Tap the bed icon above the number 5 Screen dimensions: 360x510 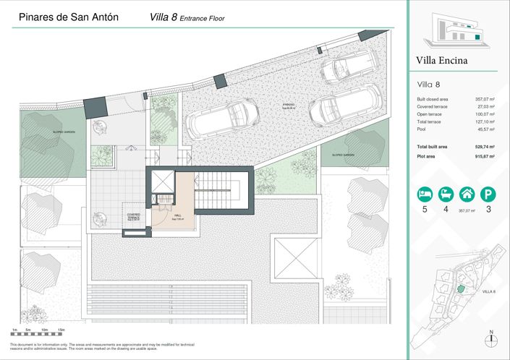point(423,194)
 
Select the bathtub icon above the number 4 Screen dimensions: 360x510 point(446,194)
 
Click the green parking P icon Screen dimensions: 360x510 point(490,194)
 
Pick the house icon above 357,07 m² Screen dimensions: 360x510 point(468,194)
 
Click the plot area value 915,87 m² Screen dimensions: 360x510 point(482,156)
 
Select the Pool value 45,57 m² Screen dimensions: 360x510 point(484,129)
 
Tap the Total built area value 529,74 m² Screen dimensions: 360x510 point(482,147)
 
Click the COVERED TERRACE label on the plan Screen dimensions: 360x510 point(133,215)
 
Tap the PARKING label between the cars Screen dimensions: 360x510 point(289,106)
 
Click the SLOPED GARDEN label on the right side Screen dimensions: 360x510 point(342,154)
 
